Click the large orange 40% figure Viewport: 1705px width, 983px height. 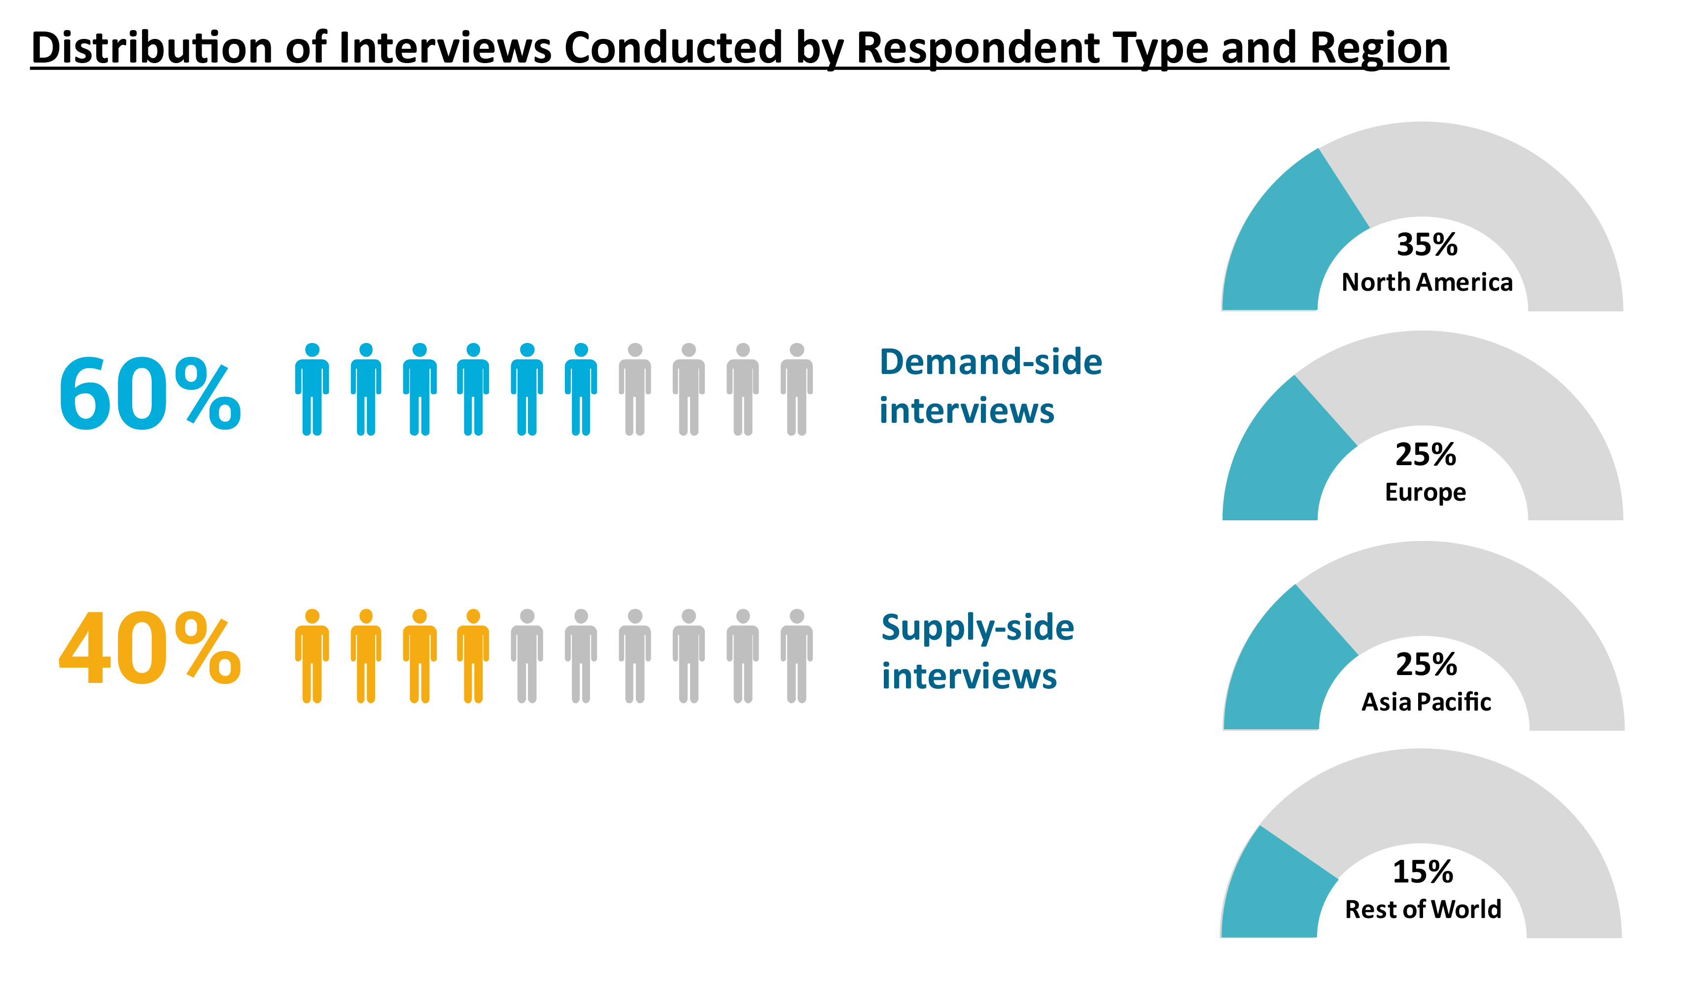(149, 647)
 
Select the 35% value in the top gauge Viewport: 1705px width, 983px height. (1427, 244)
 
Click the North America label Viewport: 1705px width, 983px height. (1427, 282)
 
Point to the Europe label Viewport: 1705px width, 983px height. (1426, 493)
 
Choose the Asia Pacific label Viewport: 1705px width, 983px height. (1426, 702)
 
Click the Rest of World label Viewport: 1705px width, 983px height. (1423, 910)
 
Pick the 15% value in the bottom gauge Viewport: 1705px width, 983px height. (1423, 872)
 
